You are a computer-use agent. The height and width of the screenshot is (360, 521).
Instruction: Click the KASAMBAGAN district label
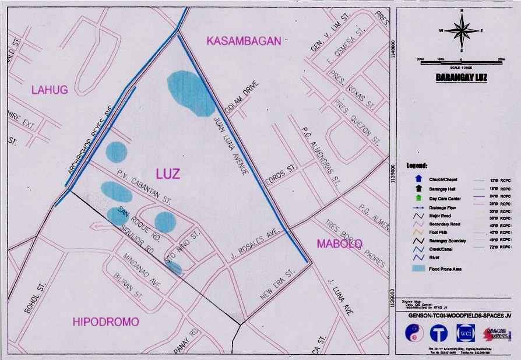pos(244,41)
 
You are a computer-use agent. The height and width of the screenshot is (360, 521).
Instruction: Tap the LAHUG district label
pos(50,89)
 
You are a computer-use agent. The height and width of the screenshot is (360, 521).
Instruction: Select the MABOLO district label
pos(340,243)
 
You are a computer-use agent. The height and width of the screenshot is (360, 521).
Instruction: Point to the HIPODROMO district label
pos(105,322)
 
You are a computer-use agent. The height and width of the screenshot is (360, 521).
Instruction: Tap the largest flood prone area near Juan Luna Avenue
pos(191,93)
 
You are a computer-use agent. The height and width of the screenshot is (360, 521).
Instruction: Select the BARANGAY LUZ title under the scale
pos(460,76)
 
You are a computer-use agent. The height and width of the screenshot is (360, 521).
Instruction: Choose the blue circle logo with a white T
pos(439,333)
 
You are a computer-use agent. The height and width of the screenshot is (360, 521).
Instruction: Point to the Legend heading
pos(417,165)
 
